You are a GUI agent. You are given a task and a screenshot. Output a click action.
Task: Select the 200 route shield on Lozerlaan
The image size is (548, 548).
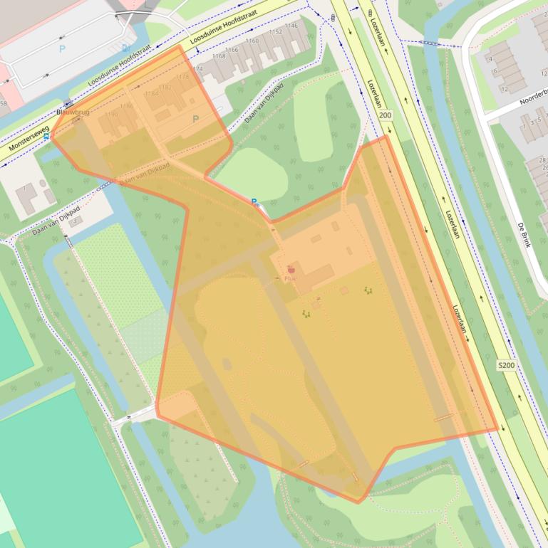[x=386, y=115]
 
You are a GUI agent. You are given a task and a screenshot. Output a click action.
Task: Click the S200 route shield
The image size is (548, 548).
[x=506, y=365]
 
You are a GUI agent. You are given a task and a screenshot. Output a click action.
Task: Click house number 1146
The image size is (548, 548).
[x=291, y=26]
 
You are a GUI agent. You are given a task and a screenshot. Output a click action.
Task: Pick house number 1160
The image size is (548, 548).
[x=252, y=41]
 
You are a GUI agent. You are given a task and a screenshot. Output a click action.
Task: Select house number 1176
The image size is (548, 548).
[x=183, y=76]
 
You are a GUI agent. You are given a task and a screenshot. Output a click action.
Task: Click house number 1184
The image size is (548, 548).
[x=151, y=93]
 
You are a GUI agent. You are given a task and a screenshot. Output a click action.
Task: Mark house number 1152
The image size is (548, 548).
[x=275, y=32]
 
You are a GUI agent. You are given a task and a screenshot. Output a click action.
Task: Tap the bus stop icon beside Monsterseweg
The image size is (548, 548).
[x=46, y=136]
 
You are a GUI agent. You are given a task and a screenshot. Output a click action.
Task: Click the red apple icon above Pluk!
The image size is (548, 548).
[x=291, y=269]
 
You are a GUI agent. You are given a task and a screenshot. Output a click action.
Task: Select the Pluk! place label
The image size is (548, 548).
[x=291, y=279]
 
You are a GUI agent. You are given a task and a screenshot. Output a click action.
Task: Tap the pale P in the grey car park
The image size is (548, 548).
[x=62, y=48]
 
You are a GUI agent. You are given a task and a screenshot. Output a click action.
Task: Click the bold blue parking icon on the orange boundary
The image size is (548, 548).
[x=254, y=202]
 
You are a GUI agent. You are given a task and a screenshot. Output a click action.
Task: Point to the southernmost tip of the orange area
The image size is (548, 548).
[x=358, y=502]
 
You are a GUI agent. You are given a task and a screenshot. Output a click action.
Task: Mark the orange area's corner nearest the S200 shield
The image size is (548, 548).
[x=497, y=430]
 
